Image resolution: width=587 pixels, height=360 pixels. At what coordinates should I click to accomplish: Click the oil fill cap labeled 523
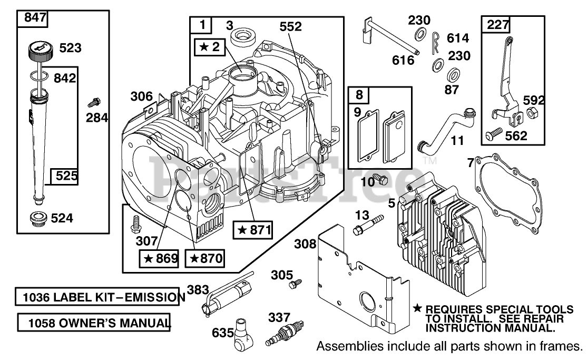pyautogui.click(x=40, y=52)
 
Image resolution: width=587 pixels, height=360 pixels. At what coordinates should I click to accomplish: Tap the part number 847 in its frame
pyautogui.click(x=35, y=17)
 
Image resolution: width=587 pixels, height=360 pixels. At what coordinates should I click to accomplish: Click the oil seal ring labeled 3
pyautogui.click(x=241, y=37)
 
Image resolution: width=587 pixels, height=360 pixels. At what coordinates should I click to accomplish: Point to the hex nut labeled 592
pyautogui.click(x=530, y=112)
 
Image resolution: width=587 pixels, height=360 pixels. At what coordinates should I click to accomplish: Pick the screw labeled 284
pyautogui.click(x=94, y=102)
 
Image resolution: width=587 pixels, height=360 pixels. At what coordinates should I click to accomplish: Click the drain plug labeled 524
pyautogui.click(x=38, y=219)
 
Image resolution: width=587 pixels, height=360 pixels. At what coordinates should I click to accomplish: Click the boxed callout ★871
pyautogui.click(x=252, y=230)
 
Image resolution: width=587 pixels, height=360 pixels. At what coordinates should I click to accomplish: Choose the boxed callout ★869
pyautogui.click(x=160, y=258)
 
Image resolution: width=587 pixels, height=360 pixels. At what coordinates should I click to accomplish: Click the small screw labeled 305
pyautogui.click(x=296, y=284)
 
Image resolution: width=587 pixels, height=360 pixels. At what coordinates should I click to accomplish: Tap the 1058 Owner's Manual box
pyautogui.click(x=94, y=323)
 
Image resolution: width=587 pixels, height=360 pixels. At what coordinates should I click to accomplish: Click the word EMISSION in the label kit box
pyautogui.click(x=154, y=297)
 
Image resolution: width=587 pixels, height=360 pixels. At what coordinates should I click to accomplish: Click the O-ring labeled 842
pyautogui.click(x=40, y=76)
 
